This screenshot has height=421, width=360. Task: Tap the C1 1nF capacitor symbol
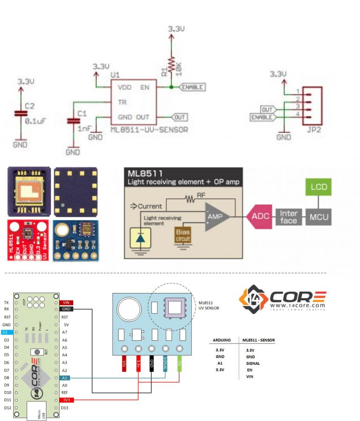[x=73, y=121]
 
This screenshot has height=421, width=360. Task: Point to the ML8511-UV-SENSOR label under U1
[x=149, y=129]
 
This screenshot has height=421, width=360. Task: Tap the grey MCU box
[x=318, y=217]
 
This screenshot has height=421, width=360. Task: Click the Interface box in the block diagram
[x=289, y=217]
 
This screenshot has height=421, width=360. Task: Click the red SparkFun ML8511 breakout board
[x=29, y=239]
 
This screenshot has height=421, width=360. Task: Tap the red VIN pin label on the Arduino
[x=66, y=302]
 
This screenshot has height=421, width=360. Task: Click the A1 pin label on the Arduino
[x=65, y=377]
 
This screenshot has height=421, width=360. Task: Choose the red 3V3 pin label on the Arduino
[x=66, y=400]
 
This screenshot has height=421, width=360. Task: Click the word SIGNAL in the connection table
[x=253, y=363]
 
